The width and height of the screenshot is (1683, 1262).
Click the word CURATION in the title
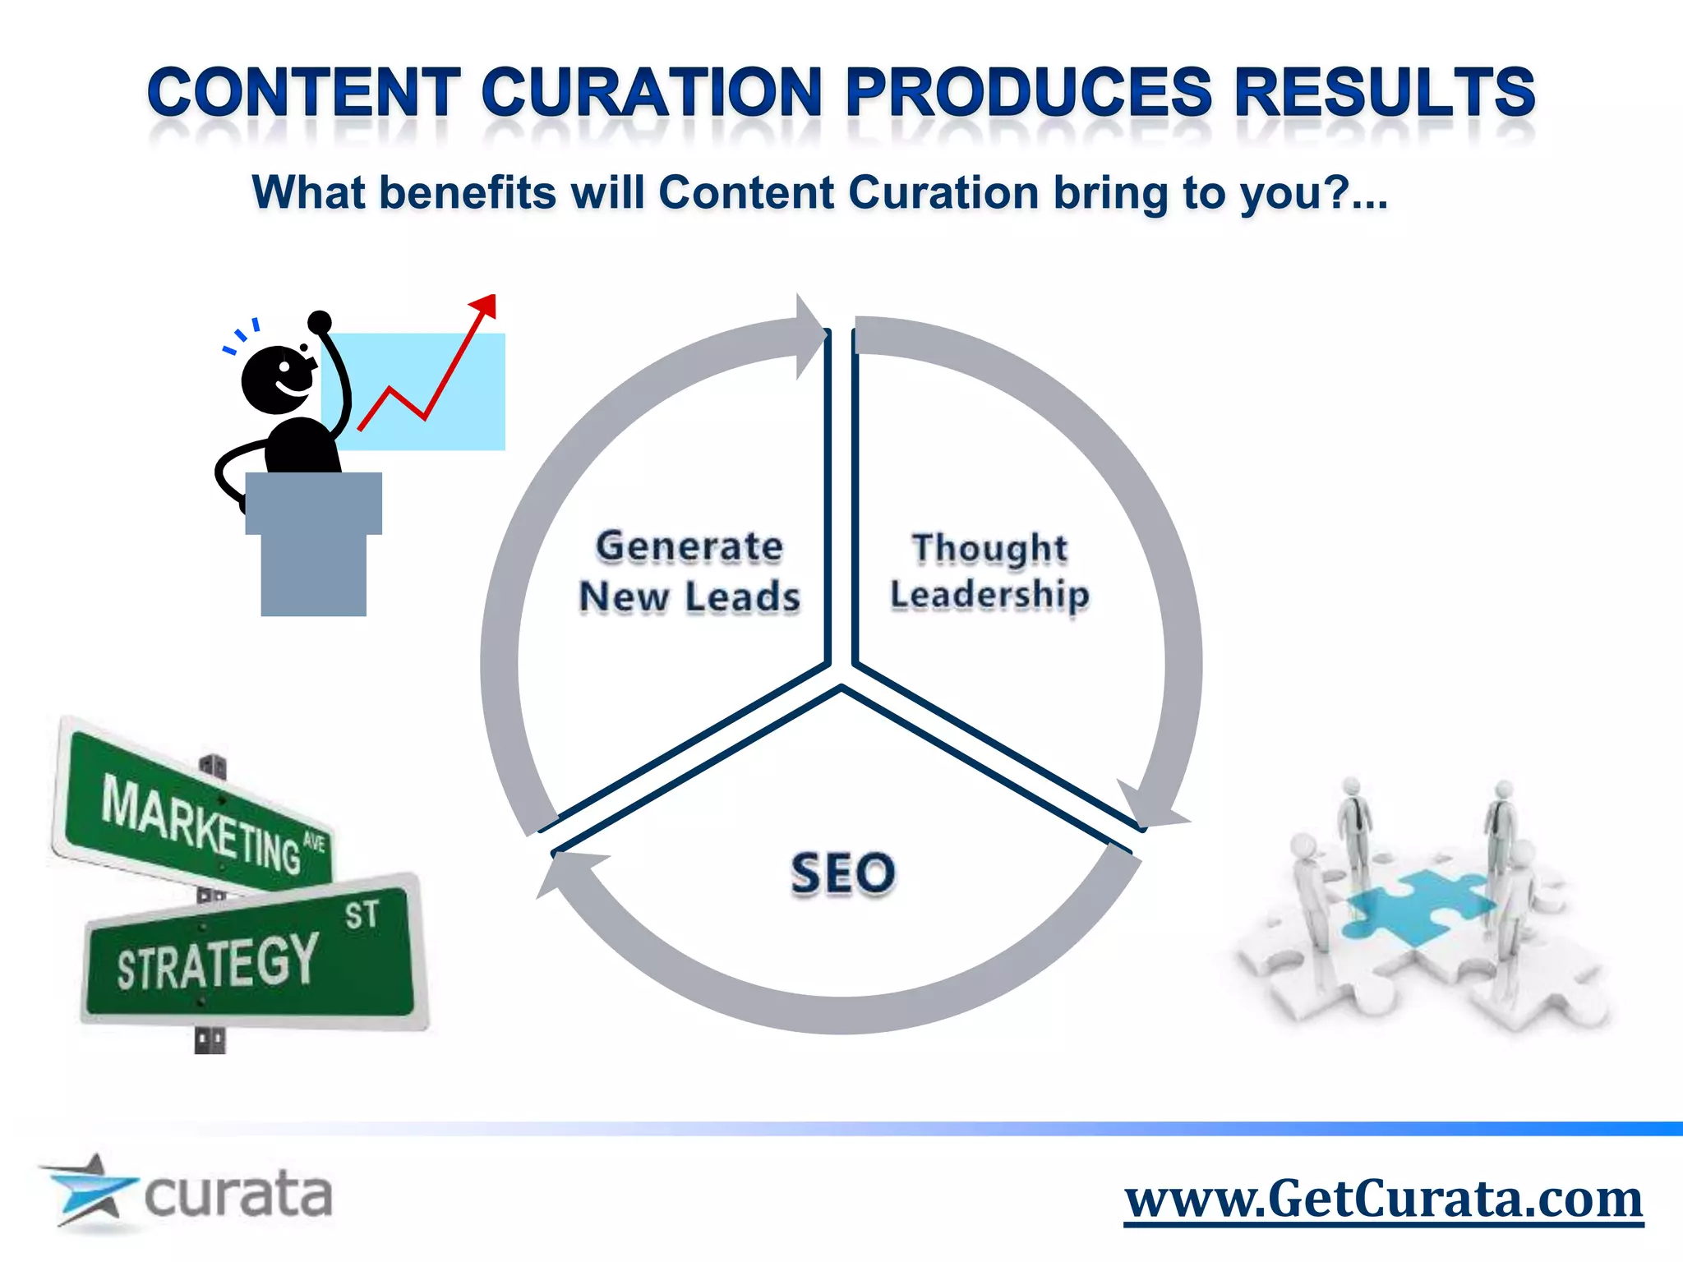(651, 92)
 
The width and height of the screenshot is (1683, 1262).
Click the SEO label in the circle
(842, 873)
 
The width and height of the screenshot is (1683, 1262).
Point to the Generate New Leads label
(689, 571)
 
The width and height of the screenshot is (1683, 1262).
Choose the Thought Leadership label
(989, 571)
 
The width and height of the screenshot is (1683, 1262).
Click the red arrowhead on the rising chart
(484, 306)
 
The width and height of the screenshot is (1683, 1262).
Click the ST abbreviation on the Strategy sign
(361, 914)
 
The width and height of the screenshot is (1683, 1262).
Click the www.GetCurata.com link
(1383, 1200)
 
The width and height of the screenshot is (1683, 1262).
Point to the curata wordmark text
(238, 1195)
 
